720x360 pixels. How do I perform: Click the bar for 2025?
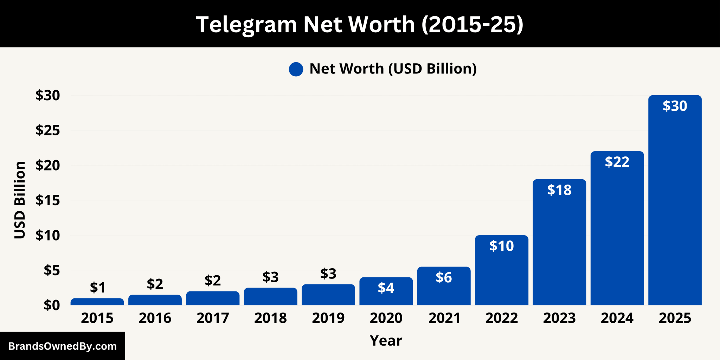click(675, 211)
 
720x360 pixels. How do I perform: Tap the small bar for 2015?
click(97, 302)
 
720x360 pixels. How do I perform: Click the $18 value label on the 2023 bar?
click(559, 190)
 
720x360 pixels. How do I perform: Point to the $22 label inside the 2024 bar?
click(617, 162)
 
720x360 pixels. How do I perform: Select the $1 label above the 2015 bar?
click(97, 288)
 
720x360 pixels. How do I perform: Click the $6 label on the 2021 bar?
click(444, 278)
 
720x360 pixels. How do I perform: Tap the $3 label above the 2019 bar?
click(328, 274)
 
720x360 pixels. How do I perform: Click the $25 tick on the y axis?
click(48, 130)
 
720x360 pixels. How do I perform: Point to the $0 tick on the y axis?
click(52, 305)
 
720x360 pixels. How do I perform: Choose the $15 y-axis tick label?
click(48, 200)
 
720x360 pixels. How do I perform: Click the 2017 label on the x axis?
click(213, 318)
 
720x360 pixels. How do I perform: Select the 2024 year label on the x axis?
click(617, 318)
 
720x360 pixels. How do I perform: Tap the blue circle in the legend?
click(296, 69)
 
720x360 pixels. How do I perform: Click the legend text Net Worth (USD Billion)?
click(393, 69)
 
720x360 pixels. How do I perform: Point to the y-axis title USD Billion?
click(20, 200)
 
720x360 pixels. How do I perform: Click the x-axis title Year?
click(386, 341)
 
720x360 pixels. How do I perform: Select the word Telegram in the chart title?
click(246, 25)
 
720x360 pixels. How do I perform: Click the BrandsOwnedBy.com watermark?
click(62, 346)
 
